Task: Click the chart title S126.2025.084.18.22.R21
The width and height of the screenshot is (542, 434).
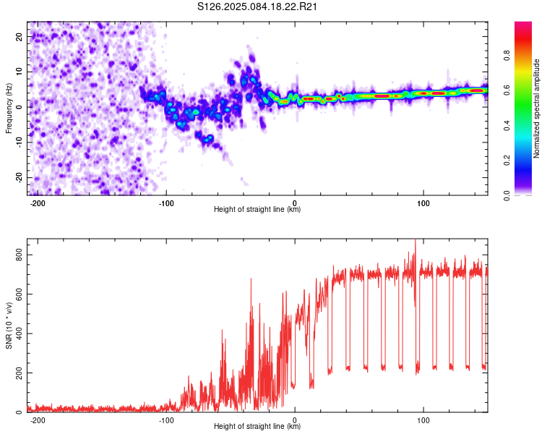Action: (x=257, y=7)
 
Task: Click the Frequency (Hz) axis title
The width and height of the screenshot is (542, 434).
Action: (x=9, y=109)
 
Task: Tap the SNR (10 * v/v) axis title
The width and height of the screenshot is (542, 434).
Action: (x=9, y=325)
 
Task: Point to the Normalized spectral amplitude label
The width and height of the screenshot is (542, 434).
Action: (x=536, y=109)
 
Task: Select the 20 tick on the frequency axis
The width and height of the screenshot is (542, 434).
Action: (x=20, y=36)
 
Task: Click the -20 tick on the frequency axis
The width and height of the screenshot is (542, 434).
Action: (x=20, y=177)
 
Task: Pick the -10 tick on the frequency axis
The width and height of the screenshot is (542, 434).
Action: (x=20, y=142)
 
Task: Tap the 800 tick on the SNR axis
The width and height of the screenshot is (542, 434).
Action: (x=20, y=255)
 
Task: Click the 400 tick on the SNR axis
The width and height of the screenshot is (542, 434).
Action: (x=20, y=333)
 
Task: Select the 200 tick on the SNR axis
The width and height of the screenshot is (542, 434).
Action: (x=20, y=373)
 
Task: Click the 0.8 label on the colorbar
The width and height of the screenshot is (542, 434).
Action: (x=507, y=56)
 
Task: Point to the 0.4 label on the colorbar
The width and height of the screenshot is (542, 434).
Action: (x=507, y=126)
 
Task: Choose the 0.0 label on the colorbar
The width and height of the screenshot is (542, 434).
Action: (x=507, y=195)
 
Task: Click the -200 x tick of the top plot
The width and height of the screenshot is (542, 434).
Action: (x=38, y=203)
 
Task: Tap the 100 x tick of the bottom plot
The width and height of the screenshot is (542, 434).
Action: (x=423, y=420)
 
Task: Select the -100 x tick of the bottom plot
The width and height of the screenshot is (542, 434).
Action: (x=166, y=420)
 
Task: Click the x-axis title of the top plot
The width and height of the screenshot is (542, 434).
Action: (x=257, y=209)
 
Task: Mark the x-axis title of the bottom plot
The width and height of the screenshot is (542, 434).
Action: (x=257, y=426)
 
